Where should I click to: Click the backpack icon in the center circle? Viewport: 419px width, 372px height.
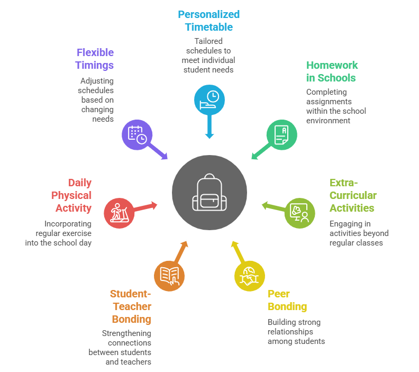point(210,193)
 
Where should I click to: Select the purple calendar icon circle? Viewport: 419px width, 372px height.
point(137,134)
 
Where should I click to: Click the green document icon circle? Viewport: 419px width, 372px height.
point(281,134)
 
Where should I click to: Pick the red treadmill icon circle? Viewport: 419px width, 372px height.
point(119,213)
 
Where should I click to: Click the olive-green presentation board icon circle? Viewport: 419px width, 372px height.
point(299,213)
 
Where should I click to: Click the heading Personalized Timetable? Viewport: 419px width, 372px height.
point(209,21)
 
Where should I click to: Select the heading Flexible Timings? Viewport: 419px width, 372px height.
point(95,59)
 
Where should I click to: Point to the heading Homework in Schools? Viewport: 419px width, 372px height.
point(332,71)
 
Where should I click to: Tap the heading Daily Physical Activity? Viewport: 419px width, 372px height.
point(71,195)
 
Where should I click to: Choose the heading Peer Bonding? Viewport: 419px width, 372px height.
point(287,300)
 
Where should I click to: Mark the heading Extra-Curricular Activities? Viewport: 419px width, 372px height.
point(353,195)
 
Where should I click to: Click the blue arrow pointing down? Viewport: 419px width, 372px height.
point(210,127)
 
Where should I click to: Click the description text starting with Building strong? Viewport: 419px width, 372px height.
point(296,331)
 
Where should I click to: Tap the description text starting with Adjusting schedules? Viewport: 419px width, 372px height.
point(97,100)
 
